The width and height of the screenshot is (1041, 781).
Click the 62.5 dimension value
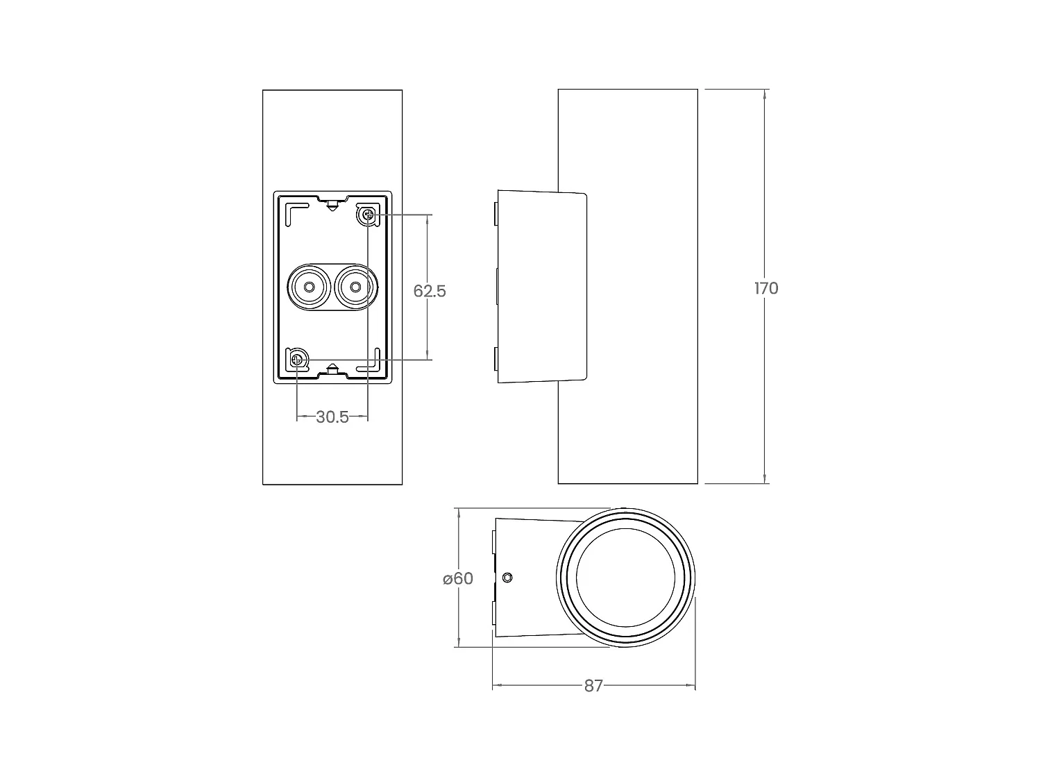[x=430, y=291]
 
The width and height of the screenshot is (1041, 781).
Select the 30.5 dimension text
[x=332, y=417]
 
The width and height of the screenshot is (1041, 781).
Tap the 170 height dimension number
[x=766, y=288]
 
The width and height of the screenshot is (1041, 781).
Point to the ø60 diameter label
[x=458, y=578]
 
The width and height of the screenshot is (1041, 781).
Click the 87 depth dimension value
[x=593, y=686]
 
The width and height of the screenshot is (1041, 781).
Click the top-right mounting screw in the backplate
[x=368, y=215]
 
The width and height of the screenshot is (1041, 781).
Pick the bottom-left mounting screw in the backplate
[x=297, y=360]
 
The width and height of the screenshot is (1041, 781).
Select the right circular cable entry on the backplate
[x=355, y=287]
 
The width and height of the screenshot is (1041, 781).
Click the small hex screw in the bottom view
[x=507, y=578]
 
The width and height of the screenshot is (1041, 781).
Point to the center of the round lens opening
[x=625, y=578]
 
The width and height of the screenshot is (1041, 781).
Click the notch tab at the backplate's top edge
[x=333, y=203]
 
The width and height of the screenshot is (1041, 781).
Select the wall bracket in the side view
[x=541, y=286]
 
